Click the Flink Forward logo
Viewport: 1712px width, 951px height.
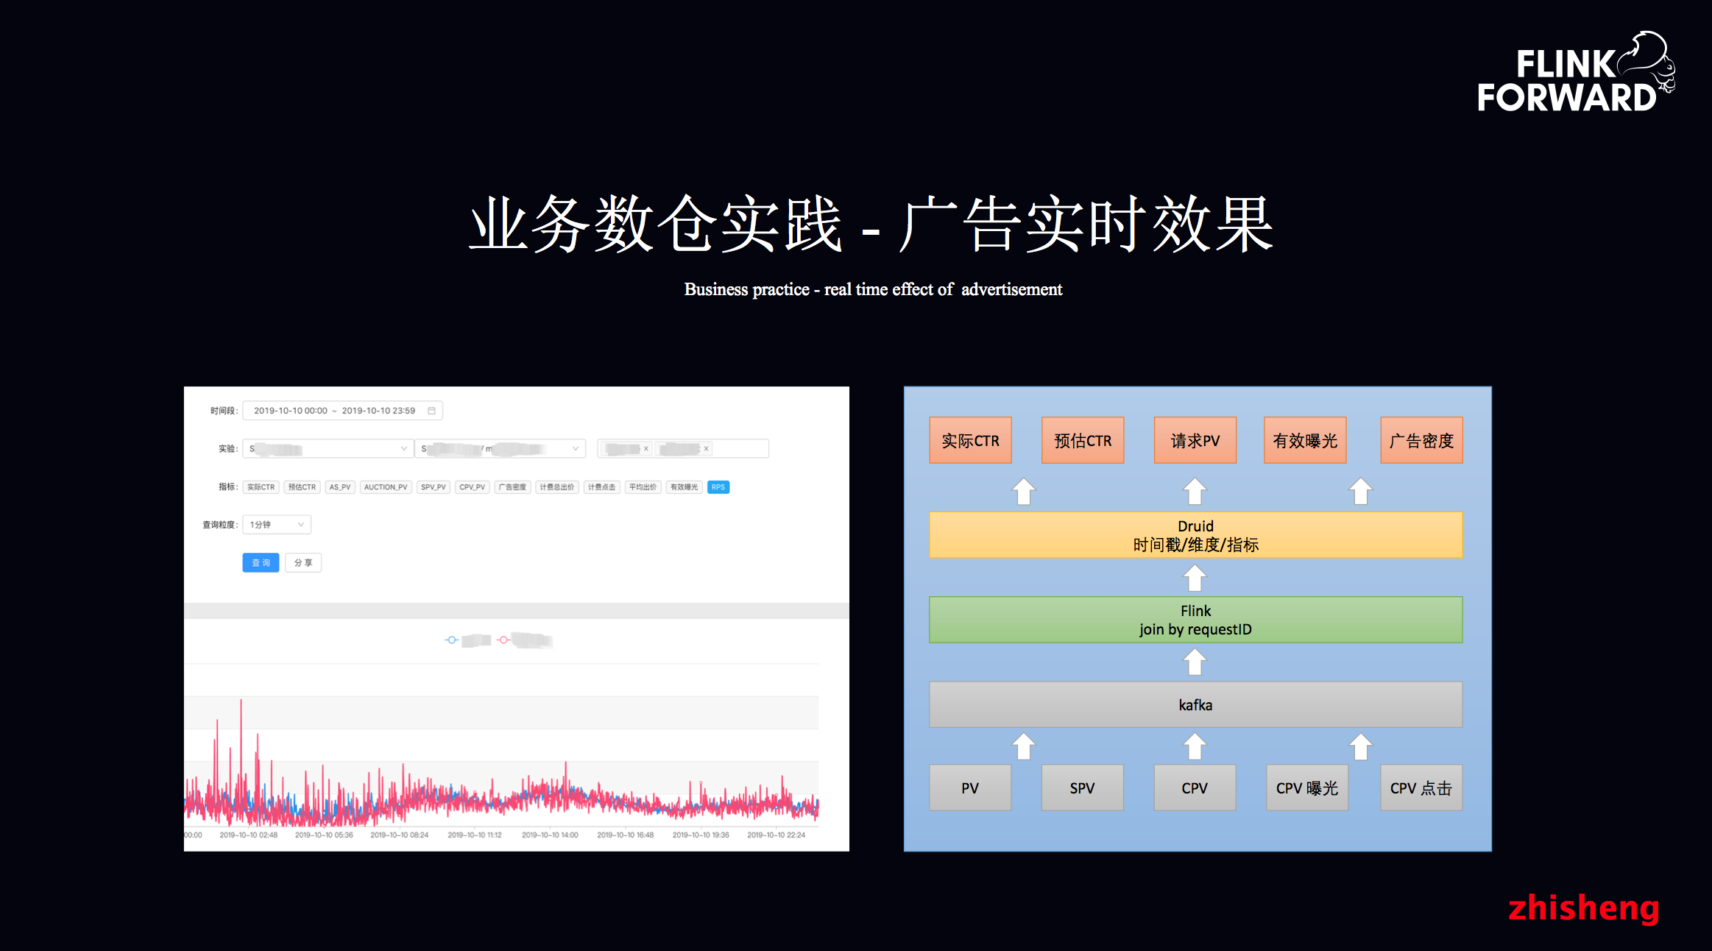pyautogui.click(x=1575, y=74)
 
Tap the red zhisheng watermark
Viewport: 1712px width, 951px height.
pyautogui.click(x=1583, y=908)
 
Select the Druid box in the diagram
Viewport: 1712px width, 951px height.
pyautogui.click(x=1195, y=535)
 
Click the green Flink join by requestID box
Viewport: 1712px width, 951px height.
pyautogui.click(x=1195, y=620)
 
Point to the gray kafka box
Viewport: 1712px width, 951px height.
pyautogui.click(x=1195, y=704)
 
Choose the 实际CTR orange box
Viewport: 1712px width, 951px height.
pyautogui.click(x=970, y=440)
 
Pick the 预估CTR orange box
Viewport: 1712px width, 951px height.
pyautogui.click(x=1083, y=440)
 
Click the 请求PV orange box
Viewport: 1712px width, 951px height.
pyautogui.click(x=1195, y=440)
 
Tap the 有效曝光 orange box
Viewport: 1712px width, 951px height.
pyautogui.click(x=1305, y=440)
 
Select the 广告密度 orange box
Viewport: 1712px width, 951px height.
pyautogui.click(x=1421, y=440)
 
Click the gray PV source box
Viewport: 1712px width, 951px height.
pyautogui.click(x=970, y=788)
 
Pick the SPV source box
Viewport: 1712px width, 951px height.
pyautogui.click(x=1082, y=788)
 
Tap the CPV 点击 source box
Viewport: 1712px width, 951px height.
pyautogui.click(x=1421, y=788)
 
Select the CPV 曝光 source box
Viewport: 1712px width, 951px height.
pyautogui.click(x=1306, y=788)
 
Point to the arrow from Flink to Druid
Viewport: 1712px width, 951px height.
pyautogui.click(x=1195, y=578)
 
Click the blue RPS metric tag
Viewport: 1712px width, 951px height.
pyautogui.click(x=718, y=487)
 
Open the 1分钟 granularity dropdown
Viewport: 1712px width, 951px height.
pyautogui.click(x=276, y=525)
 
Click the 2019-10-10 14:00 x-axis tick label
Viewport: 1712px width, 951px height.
pyautogui.click(x=550, y=835)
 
